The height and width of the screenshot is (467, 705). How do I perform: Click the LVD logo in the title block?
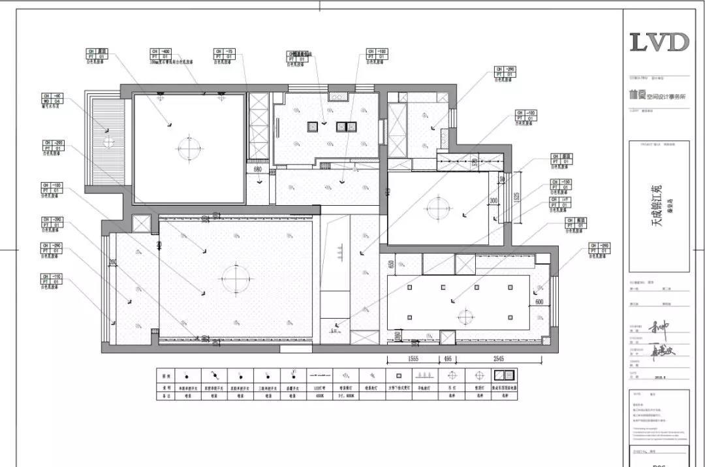[659, 42]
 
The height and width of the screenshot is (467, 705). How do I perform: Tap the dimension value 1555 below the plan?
[413, 359]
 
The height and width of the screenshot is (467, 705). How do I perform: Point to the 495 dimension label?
[448, 359]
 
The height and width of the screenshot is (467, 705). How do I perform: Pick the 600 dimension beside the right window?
[539, 302]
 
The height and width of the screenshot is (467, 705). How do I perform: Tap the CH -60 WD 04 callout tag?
[52, 99]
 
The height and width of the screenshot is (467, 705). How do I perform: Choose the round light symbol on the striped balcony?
[108, 142]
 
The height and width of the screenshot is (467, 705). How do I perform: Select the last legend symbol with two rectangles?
[503, 376]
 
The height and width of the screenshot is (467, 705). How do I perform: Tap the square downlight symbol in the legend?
[396, 376]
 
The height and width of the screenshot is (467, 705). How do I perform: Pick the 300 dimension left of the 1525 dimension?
[493, 201]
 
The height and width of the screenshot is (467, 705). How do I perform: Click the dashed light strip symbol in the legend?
[318, 376]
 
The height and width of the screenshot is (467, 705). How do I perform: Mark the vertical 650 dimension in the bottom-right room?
[391, 264]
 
